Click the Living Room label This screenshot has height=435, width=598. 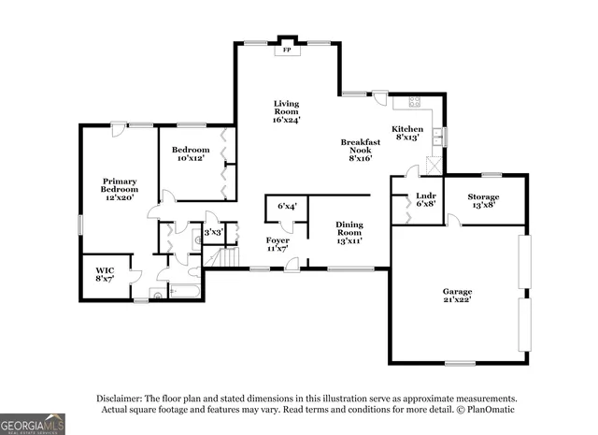tap(286, 110)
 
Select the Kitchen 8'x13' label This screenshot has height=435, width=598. tap(406, 133)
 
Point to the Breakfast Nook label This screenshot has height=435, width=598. tap(360, 150)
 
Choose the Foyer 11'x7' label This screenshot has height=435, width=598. tap(278, 245)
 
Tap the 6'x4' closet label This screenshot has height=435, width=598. tap(287, 206)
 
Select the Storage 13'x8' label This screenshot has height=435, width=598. tap(483, 200)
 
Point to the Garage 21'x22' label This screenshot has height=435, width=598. tap(457, 295)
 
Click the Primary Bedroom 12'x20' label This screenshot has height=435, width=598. tap(120, 189)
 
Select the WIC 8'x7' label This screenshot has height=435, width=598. tap(104, 275)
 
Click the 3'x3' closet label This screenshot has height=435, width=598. tap(213, 231)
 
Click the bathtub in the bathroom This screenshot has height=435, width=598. tap(185, 294)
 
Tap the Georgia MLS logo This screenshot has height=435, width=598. tap(33, 424)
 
